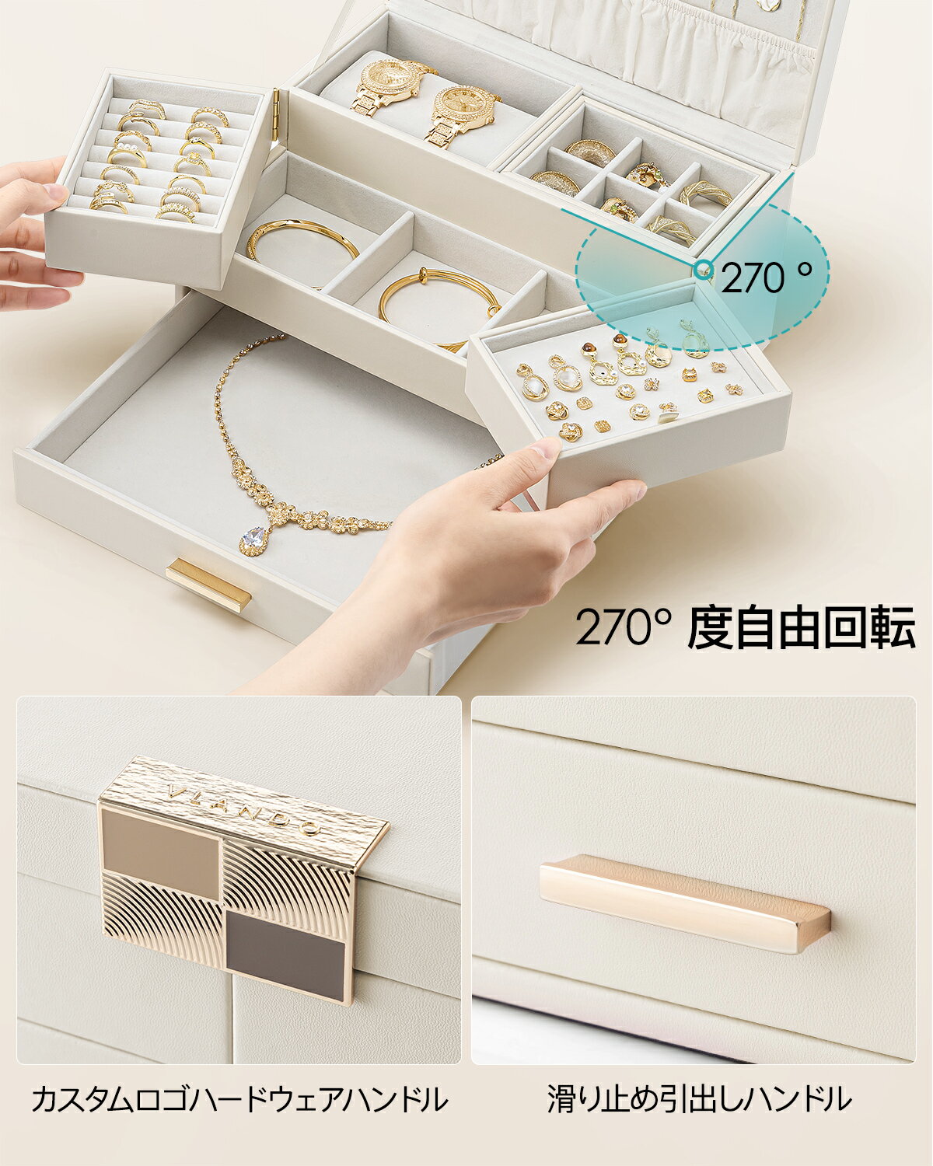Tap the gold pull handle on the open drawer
click(x=208, y=585)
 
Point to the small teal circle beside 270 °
click(x=704, y=269)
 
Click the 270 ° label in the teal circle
click(x=767, y=278)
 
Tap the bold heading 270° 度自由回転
click(x=745, y=628)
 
